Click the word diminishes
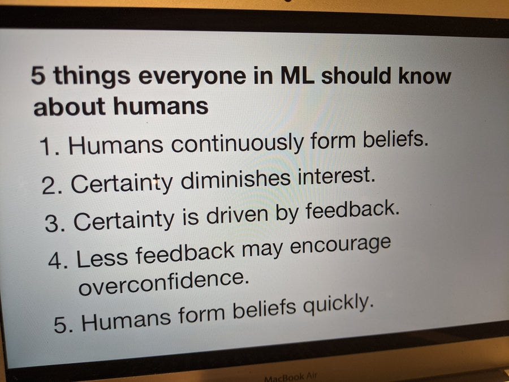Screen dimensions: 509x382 [235, 180]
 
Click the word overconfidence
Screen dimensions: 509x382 [165, 282]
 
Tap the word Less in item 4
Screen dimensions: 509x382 [102, 257]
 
